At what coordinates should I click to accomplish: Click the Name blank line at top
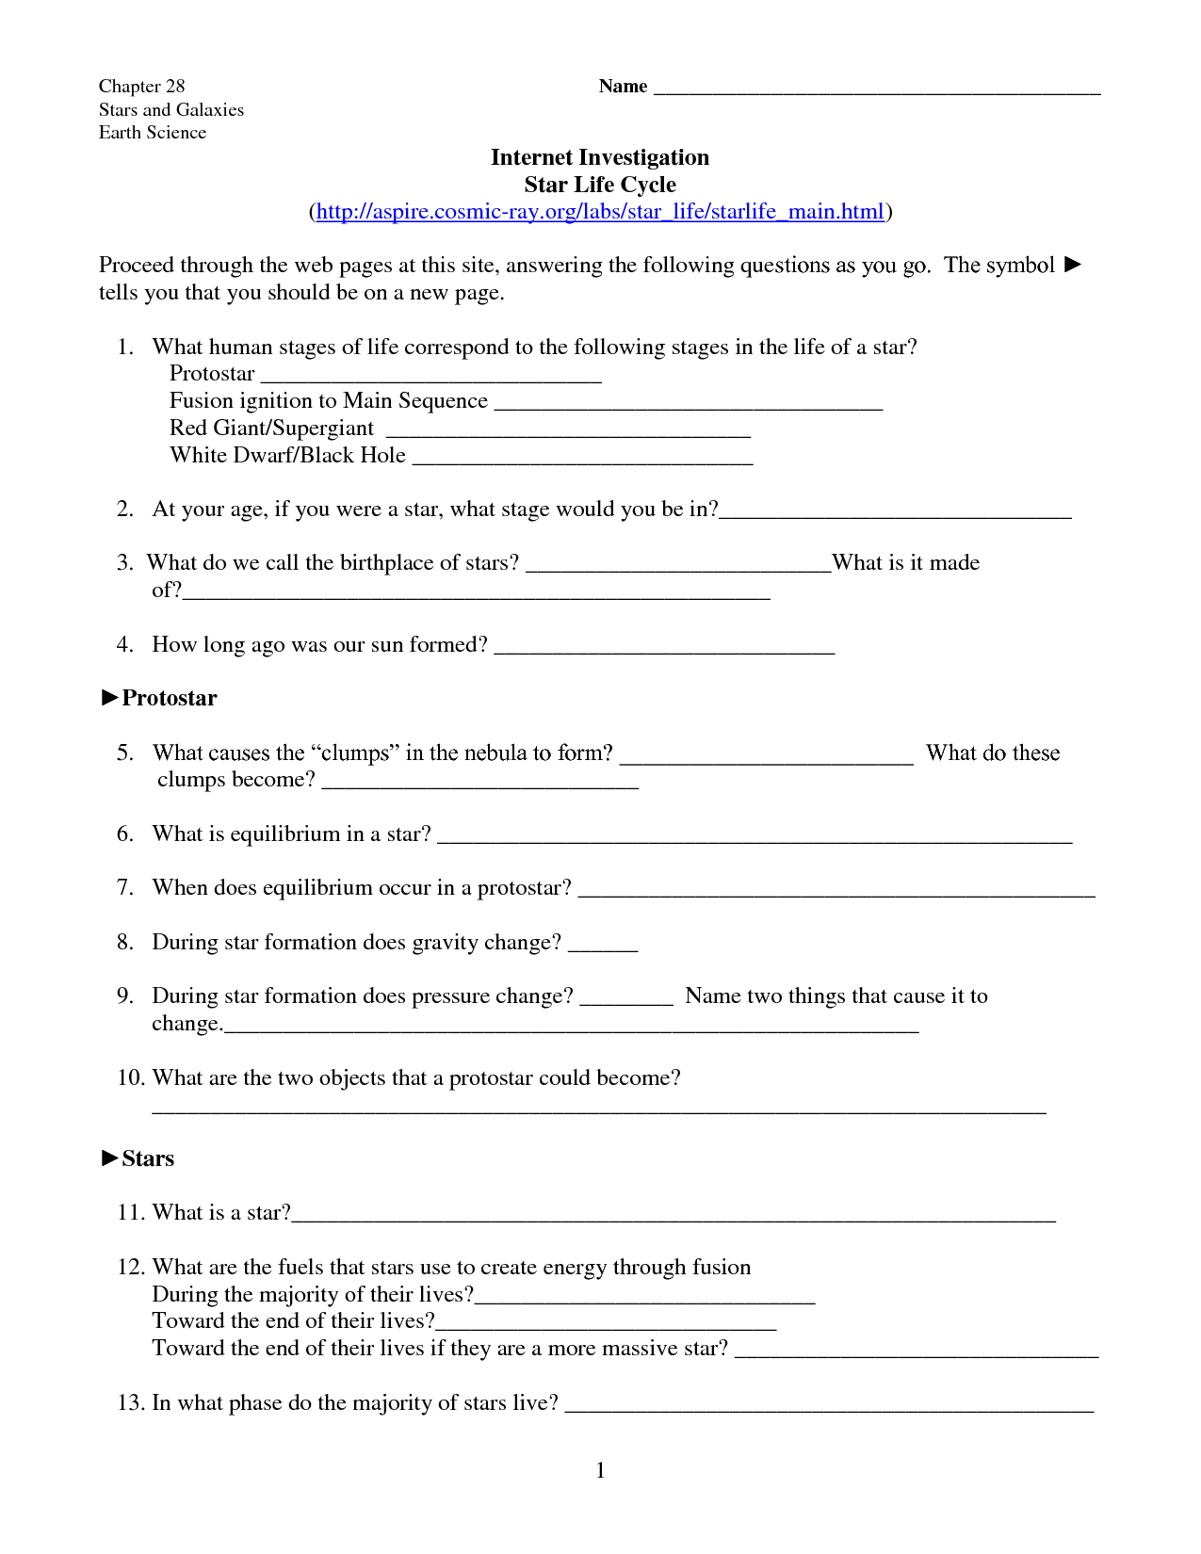(x=876, y=91)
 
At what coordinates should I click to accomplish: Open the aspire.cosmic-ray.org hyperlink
(x=600, y=212)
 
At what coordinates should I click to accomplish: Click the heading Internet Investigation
(x=599, y=157)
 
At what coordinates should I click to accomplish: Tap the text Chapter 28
(x=142, y=87)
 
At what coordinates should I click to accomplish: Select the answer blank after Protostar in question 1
(x=430, y=379)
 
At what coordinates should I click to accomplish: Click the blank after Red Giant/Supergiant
(x=568, y=433)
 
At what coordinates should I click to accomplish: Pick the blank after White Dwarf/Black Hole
(x=582, y=461)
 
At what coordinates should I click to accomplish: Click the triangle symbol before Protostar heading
(x=109, y=698)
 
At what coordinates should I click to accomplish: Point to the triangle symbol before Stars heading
(x=109, y=1158)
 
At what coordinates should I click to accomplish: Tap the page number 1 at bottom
(x=600, y=1470)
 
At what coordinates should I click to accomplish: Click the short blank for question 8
(x=603, y=947)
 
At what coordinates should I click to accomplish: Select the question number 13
(x=130, y=1403)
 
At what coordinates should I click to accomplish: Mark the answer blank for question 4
(x=664, y=650)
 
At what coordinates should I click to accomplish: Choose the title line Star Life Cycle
(x=600, y=185)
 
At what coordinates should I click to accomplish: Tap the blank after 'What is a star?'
(x=674, y=1218)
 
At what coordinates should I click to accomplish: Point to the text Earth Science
(x=153, y=133)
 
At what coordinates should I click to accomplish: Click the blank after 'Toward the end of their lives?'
(x=606, y=1326)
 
